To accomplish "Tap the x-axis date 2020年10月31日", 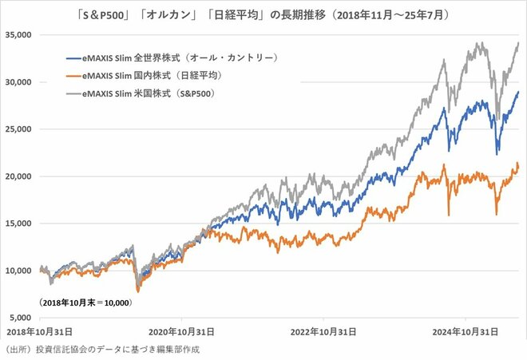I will (x=185, y=331).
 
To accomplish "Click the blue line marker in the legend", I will (x=78, y=57).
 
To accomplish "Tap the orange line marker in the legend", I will (x=78, y=74).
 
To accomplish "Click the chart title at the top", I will (x=263, y=13).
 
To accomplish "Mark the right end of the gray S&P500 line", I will (x=518, y=43).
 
